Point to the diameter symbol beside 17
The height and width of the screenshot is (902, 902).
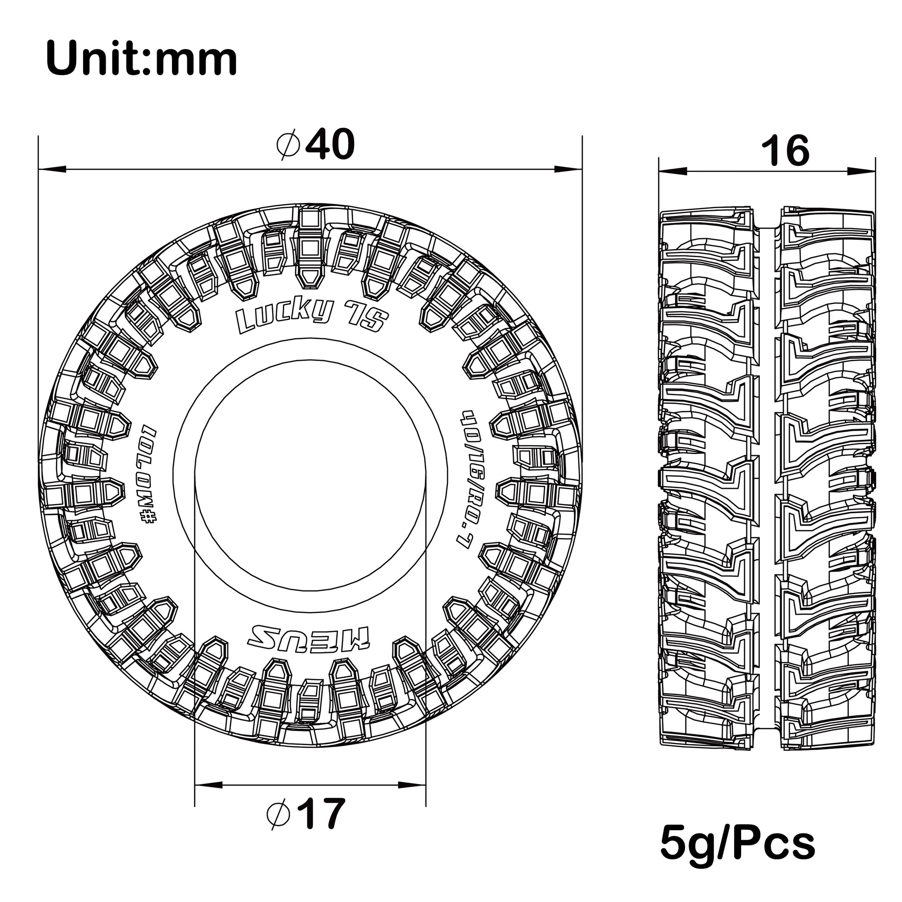pos(279,814)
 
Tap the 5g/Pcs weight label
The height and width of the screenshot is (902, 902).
pos(737,844)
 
